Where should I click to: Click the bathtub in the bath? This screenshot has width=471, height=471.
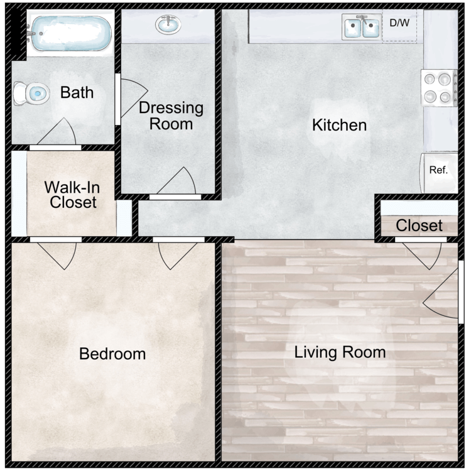click(70, 33)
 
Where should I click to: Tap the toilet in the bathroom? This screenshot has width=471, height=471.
click(31, 94)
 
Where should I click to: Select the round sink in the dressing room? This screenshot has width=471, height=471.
click(168, 24)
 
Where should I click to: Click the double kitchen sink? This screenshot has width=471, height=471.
click(362, 28)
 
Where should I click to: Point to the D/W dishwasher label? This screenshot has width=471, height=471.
click(399, 23)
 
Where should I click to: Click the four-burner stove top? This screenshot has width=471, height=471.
click(439, 88)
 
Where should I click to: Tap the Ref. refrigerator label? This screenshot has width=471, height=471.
click(438, 170)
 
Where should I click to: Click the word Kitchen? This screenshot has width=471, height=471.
click(339, 125)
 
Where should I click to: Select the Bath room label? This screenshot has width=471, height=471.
click(77, 92)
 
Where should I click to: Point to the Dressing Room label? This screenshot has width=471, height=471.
click(171, 116)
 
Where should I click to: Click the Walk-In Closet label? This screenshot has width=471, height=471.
click(72, 195)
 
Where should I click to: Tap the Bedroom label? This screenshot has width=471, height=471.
click(112, 354)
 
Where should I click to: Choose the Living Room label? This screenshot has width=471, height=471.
click(340, 352)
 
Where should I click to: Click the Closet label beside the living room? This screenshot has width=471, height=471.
click(419, 225)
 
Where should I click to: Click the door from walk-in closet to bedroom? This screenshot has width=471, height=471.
click(56, 253)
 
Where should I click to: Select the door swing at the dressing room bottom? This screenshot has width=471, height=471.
click(176, 183)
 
